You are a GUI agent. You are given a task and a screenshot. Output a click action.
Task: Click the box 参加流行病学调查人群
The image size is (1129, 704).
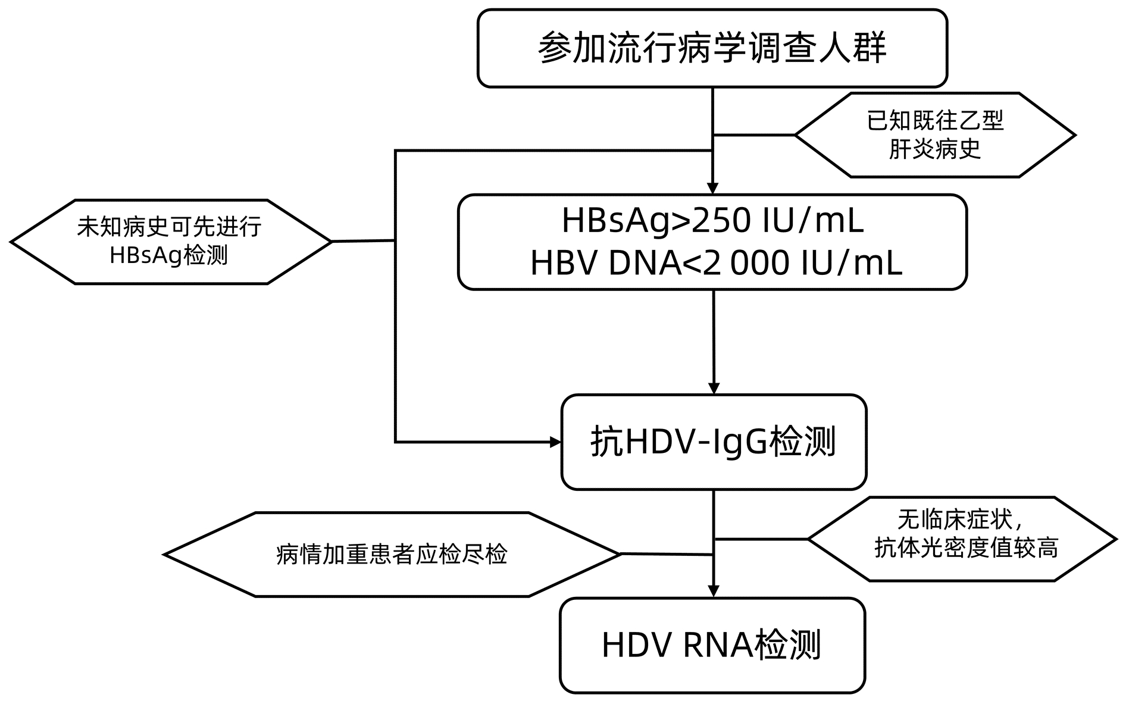coord(712,48)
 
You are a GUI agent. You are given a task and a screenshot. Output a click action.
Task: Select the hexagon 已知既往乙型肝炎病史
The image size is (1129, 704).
coord(934,135)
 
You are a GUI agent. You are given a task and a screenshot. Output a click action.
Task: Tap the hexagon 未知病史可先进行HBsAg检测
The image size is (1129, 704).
coord(170,241)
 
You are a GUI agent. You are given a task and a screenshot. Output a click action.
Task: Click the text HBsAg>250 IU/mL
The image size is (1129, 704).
coord(712,221)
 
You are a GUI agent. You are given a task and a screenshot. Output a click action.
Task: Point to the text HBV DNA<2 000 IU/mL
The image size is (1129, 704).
coord(716,263)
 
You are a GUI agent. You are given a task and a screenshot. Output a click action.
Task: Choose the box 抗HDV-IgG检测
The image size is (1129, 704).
coord(714,442)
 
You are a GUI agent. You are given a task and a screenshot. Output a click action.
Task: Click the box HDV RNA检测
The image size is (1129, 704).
coord(712,645)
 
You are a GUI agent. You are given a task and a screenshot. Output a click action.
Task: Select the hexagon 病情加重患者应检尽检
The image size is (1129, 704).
coord(392,554)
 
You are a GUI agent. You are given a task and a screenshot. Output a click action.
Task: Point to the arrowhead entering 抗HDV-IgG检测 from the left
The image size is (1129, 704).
coord(555,442)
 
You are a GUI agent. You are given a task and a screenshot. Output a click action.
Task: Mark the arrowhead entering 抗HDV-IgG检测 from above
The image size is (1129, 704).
coord(714,388)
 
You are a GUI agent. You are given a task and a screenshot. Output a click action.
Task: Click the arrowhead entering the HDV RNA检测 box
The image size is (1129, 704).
coord(714,591)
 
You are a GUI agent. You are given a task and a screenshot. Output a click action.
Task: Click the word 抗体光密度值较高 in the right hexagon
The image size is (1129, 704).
coord(967,548)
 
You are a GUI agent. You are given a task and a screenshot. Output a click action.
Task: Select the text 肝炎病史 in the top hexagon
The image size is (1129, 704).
coord(934,149)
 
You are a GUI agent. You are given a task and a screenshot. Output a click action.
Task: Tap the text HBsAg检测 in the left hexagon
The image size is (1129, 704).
coord(169,256)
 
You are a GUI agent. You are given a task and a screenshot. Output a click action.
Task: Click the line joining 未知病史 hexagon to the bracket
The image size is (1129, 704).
coord(362,241)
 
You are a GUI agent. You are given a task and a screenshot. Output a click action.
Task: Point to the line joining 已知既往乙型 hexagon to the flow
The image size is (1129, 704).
coord(754,135)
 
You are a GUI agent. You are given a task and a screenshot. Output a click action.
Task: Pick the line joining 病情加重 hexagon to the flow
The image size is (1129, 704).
coord(667,554)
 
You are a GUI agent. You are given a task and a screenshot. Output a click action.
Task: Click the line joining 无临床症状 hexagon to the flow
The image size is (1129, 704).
coord(761,539)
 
